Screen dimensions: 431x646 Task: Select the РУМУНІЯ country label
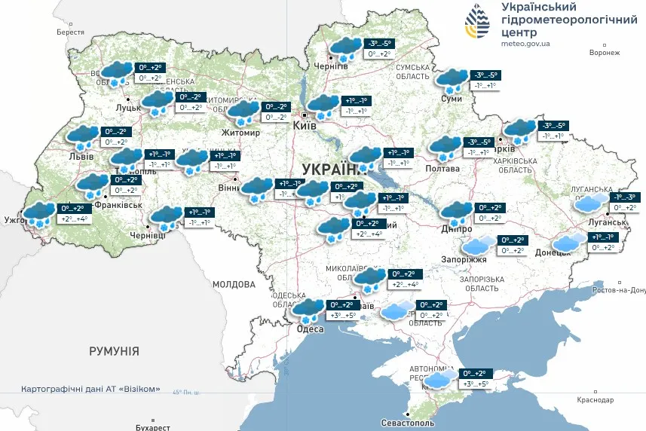point(114,351)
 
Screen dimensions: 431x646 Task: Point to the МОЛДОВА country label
point(234,284)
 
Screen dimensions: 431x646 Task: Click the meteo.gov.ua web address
point(525,44)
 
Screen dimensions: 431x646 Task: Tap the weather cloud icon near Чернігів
point(345,48)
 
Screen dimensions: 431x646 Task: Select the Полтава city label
point(443,168)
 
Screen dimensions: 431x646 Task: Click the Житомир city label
point(240,133)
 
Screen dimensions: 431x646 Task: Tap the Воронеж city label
point(605,53)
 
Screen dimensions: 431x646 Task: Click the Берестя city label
point(71,32)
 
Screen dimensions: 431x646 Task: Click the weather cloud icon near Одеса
point(308,309)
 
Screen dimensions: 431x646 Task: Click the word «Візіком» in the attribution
point(140,390)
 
